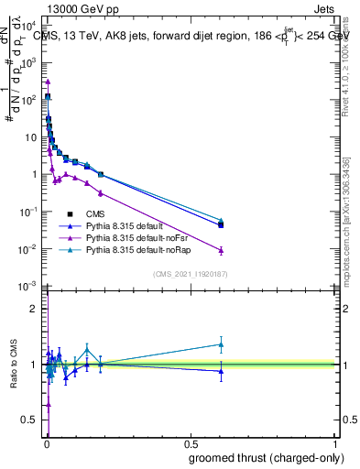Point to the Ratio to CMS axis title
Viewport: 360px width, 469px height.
[12, 365]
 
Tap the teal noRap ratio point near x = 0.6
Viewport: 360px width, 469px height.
[221, 344]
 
